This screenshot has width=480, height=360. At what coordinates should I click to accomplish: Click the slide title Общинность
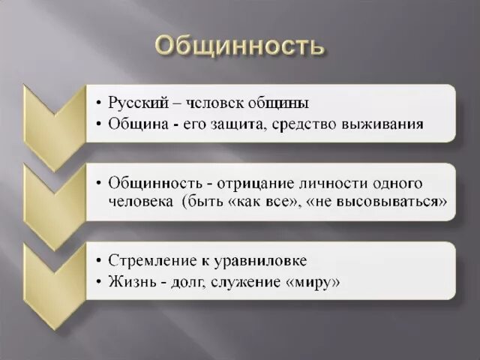(240, 46)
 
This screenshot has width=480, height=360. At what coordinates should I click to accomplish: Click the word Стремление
(150, 261)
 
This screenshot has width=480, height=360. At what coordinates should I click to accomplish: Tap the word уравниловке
(258, 261)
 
